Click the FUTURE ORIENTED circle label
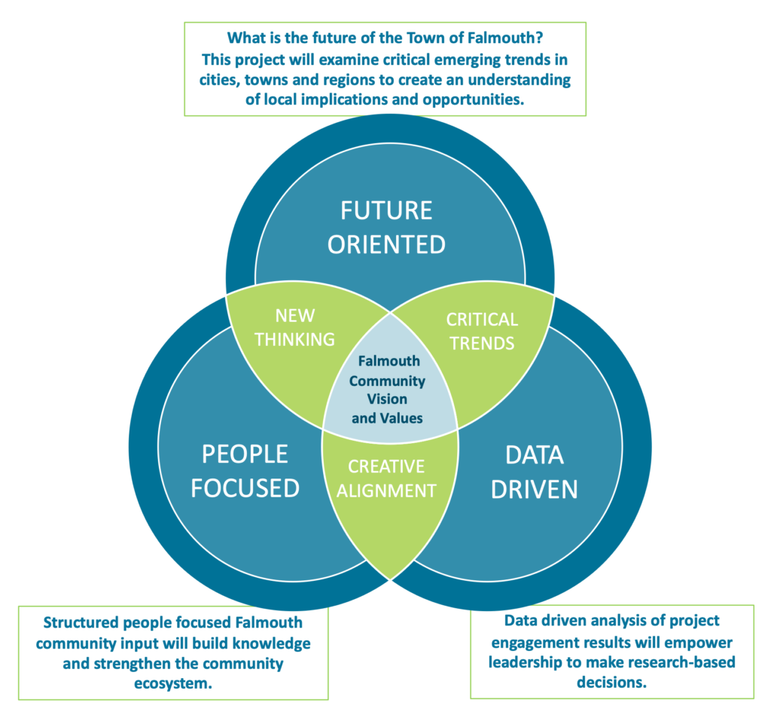click(x=386, y=226)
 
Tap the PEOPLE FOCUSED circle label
click(x=245, y=470)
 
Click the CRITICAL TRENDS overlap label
click(x=482, y=331)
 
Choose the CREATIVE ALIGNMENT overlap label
click(x=386, y=478)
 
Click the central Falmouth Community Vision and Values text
click(x=388, y=390)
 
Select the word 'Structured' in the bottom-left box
click(x=84, y=623)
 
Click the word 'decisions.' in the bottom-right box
click(x=611, y=683)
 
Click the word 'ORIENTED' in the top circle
click(x=386, y=243)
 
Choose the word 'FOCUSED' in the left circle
click(x=245, y=487)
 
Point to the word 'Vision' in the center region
click(x=388, y=399)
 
